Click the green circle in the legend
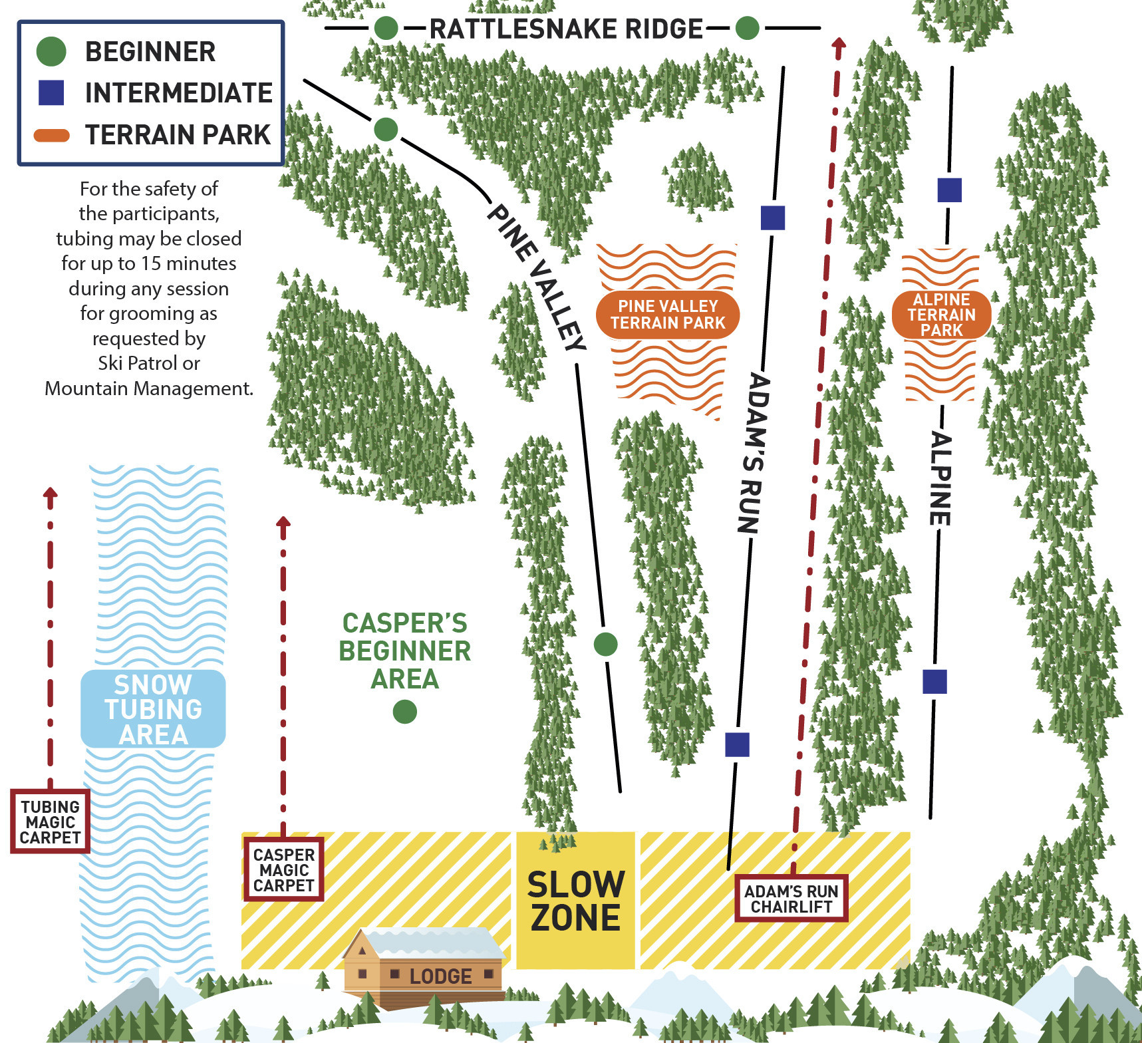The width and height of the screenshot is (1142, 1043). pyautogui.click(x=51, y=51)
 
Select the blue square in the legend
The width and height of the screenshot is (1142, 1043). pyautogui.click(x=51, y=92)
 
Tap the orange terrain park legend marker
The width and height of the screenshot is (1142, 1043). pyautogui.click(x=51, y=136)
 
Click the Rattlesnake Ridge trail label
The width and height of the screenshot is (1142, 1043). pyautogui.click(x=566, y=29)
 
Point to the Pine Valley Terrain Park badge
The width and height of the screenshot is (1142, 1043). pyautogui.click(x=667, y=315)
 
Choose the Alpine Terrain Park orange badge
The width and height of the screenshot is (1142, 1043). pyautogui.click(x=941, y=315)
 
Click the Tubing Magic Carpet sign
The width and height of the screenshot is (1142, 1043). pyautogui.click(x=50, y=821)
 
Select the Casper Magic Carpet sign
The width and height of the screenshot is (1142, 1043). pyautogui.click(x=283, y=869)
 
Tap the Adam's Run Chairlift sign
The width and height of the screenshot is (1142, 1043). pyautogui.click(x=791, y=899)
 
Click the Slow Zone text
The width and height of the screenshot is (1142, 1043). pyautogui.click(x=575, y=901)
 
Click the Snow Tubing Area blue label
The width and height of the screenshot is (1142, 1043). pyautogui.click(x=153, y=709)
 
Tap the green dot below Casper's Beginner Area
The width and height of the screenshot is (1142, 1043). pyautogui.click(x=404, y=712)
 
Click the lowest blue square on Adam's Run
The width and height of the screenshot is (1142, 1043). pyautogui.click(x=737, y=744)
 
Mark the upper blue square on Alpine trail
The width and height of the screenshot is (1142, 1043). pyautogui.click(x=949, y=190)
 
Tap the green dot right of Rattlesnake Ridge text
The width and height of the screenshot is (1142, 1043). pyautogui.click(x=747, y=29)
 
